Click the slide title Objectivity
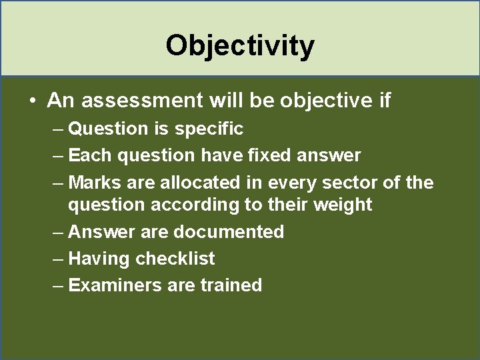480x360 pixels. (240, 45)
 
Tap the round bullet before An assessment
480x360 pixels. (32, 101)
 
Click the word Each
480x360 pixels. (91, 155)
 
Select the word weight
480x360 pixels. (340, 205)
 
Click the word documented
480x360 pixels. (228, 231)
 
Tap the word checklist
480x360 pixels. (175, 258)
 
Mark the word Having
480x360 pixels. (99, 258)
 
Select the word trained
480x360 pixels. (231, 285)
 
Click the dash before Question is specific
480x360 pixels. (57, 128)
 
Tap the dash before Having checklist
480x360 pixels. (57, 258)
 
